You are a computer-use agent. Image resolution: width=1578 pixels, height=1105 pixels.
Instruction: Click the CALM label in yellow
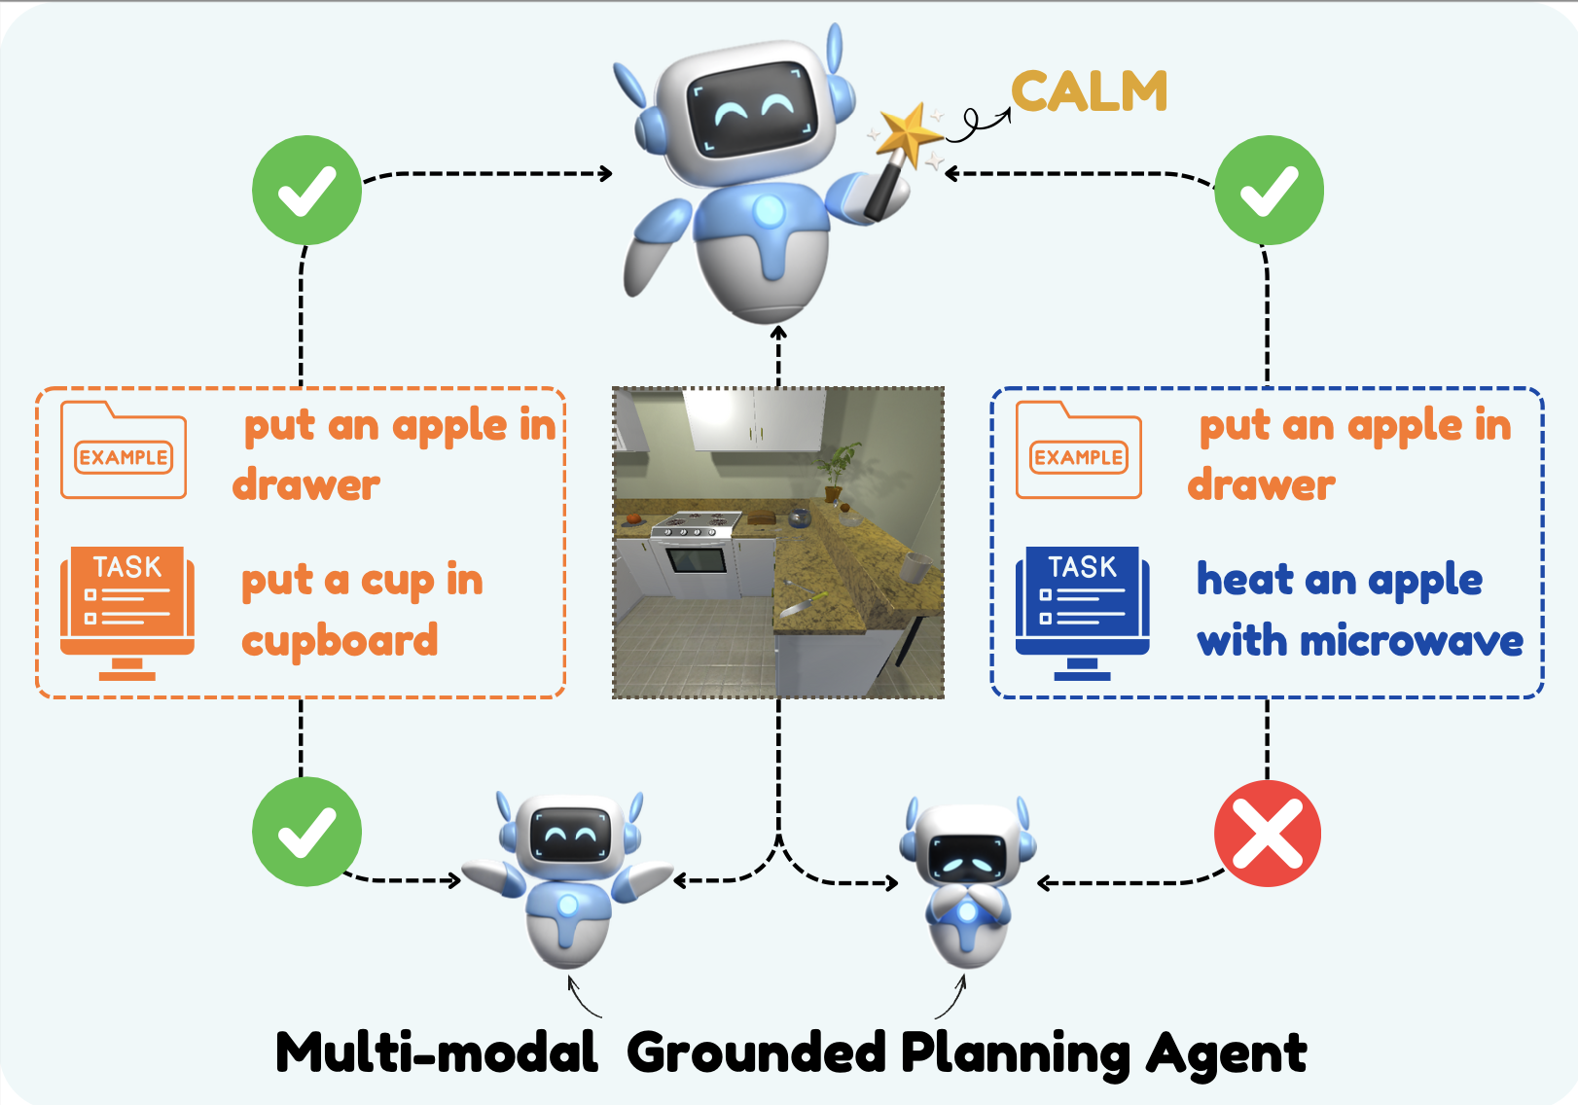[x=1089, y=91]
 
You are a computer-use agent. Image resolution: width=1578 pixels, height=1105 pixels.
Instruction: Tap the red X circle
[x=1268, y=834]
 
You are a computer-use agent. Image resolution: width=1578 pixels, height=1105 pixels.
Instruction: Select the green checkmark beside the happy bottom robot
[x=307, y=832]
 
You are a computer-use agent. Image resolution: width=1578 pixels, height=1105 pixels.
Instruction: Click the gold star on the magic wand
[x=908, y=135]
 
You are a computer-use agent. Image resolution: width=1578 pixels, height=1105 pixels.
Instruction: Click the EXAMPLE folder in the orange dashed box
[x=124, y=450]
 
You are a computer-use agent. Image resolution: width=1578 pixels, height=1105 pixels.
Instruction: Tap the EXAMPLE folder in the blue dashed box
[x=1079, y=450]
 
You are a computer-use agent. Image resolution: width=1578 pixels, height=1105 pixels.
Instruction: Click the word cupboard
[x=340, y=642]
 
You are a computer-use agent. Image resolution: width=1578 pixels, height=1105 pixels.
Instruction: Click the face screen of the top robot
[x=752, y=109]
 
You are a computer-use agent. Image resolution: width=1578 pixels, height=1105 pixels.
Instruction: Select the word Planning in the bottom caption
[x=1016, y=1055]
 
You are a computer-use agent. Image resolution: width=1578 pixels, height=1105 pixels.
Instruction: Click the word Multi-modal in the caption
[x=437, y=1052]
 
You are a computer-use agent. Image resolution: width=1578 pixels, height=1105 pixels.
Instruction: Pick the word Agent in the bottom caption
[x=1227, y=1055]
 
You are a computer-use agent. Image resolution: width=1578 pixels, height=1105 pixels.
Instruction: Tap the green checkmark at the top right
[x=1270, y=190]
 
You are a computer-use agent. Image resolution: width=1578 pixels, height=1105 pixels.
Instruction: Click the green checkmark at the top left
[x=307, y=190]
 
